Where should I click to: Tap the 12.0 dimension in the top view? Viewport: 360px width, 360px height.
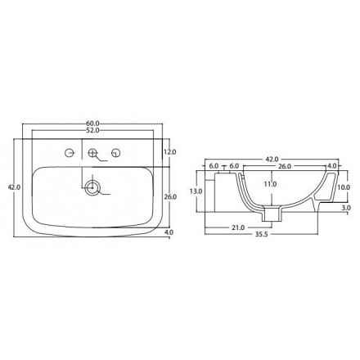[170, 152]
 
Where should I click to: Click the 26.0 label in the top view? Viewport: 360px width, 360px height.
[170, 197]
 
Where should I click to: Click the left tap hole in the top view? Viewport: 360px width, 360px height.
[70, 152]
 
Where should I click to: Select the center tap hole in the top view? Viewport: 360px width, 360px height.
[93, 152]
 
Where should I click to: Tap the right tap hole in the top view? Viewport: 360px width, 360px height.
[116, 152]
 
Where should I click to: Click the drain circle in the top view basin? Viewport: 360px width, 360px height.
[93, 188]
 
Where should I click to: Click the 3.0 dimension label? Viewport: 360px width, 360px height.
[346, 209]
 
